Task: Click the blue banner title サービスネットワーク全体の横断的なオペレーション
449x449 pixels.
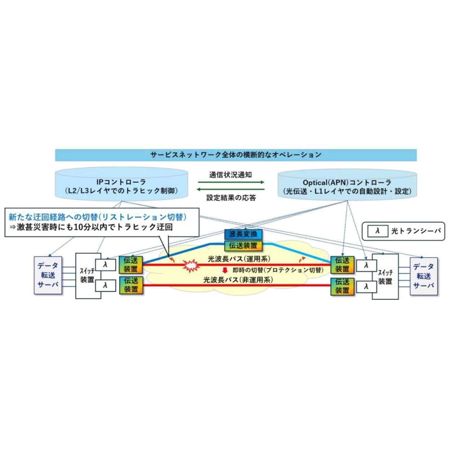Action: click(x=235, y=155)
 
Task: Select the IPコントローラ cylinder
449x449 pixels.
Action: click(x=121, y=186)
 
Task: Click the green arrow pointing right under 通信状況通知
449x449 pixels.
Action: click(x=231, y=182)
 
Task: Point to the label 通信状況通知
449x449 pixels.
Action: click(x=230, y=175)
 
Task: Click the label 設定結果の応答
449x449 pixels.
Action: click(x=231, y=198)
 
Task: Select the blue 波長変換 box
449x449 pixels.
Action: click(x=243, y=234)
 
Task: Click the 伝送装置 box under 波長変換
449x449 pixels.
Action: click(x=243, y=246)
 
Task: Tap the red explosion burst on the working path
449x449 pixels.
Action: click(x=191, y=266)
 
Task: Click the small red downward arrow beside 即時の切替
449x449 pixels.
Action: click(x=225, y=270)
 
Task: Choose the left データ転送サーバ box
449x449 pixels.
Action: click(x=48, y=275)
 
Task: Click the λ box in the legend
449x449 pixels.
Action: click(x=378, y=231)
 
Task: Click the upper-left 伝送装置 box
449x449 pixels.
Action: click(x=131, y=265)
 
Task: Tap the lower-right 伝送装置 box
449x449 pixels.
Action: click(x=342, y=286)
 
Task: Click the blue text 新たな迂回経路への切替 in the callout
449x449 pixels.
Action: click(x=53, y=217)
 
